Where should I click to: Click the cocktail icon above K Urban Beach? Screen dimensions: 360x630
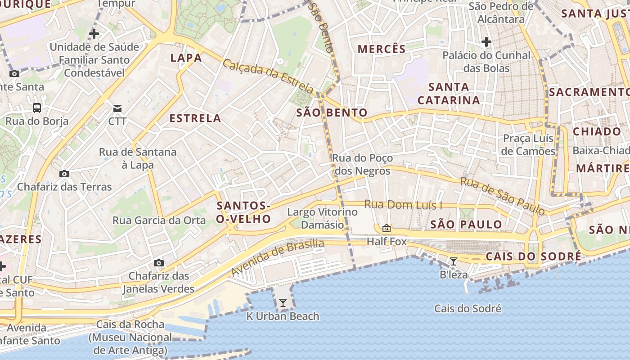(283, 303)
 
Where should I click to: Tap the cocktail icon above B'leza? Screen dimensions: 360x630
(454, 261)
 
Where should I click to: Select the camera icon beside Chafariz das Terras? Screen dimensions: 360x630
(64, 174)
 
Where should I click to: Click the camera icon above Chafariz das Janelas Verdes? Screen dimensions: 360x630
(158, 263)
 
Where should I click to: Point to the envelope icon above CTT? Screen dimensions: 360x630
(117, 108)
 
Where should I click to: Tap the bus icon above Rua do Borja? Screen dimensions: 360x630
(37, 108)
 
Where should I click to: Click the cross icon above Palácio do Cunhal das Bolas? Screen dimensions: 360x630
(486, 42)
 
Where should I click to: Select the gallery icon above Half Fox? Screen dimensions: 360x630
(386, 228)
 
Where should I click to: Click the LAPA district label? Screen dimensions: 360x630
(186, 58)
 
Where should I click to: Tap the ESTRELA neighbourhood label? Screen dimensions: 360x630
(195, 118)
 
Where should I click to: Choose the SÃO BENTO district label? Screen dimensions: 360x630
(332, 112)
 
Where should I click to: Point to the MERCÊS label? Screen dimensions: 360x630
(382, 49)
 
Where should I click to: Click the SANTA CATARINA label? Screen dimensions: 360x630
(449, 94)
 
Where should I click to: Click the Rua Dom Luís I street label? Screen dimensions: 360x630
(403, 205)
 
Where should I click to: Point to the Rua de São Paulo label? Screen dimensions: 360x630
(502, 196)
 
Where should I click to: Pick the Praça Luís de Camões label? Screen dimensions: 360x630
(529, 144)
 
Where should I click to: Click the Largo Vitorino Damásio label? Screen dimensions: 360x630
(323, 218)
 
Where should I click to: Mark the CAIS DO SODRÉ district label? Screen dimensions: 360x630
(533, 256)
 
